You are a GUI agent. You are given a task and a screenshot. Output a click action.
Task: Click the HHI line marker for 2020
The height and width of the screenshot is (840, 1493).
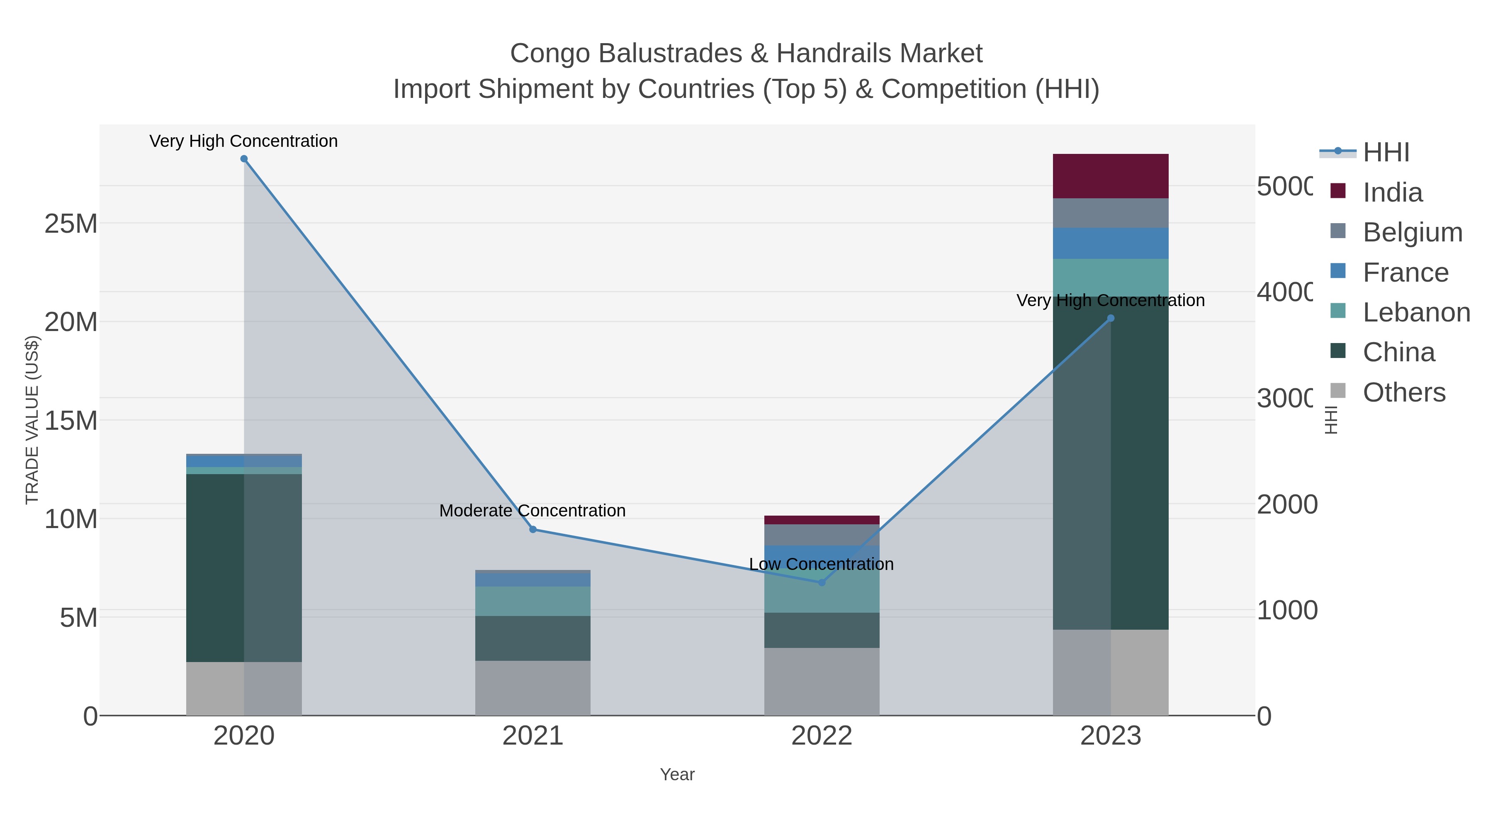(244, 159)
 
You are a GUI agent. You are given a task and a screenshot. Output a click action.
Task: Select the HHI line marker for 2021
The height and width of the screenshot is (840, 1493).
(533, 529)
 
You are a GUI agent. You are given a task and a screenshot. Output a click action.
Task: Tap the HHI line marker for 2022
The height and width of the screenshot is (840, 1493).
(821, 582)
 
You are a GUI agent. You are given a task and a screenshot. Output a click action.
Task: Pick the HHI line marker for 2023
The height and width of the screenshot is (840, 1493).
(1111, 318)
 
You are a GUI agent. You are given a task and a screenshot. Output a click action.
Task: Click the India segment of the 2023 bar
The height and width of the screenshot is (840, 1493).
(1111, 176)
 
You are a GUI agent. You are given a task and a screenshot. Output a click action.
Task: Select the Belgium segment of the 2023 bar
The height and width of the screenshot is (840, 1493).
(1111, 213)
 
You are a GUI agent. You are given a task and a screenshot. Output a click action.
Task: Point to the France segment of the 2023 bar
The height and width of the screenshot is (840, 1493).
(1111, 243)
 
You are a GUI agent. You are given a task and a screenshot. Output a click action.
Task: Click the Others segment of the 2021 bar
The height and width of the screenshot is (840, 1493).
(533, 688)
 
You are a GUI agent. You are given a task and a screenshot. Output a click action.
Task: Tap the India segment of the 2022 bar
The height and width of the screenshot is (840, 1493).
(821, 520)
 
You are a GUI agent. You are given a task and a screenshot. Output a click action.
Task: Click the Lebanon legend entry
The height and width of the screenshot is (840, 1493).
(1416, 312)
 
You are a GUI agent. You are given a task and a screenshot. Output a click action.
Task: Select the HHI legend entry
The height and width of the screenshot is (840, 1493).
(1386, 153)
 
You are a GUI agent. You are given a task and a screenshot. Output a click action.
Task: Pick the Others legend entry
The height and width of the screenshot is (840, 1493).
(1404, 392)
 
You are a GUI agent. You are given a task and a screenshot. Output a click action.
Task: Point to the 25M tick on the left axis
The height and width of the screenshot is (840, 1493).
(71, 224)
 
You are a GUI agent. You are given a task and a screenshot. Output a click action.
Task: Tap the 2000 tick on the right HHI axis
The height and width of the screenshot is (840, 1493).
(1286, 504)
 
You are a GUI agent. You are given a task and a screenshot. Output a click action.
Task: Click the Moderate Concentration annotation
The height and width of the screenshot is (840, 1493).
(532, 511)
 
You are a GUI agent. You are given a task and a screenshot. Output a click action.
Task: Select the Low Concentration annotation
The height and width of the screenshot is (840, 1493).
(821, 564)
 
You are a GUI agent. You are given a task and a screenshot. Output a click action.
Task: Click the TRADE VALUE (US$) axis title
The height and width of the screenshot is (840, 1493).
(32, 420)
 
